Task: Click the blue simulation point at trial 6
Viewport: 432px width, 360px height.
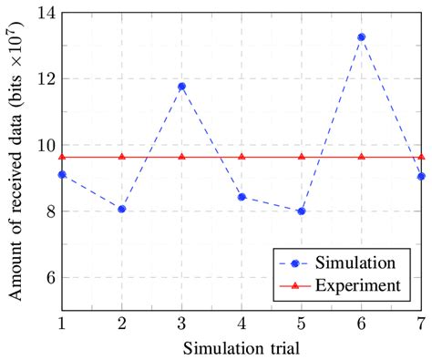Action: (362, 37)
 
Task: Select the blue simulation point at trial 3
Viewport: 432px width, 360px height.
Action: (182, 87)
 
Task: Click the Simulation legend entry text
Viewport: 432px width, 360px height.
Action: (355, 262)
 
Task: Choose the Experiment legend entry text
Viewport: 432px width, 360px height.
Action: (357, 285)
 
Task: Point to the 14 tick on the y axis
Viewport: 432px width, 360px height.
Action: (42, 13)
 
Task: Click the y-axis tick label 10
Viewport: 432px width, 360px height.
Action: (42, 145)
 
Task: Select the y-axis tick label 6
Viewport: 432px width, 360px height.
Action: (46, 278)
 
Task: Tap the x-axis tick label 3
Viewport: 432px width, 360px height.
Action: (182, 323)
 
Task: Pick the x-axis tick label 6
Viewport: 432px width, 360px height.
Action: (362, 323)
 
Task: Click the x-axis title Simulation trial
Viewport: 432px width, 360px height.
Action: (242, 346)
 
